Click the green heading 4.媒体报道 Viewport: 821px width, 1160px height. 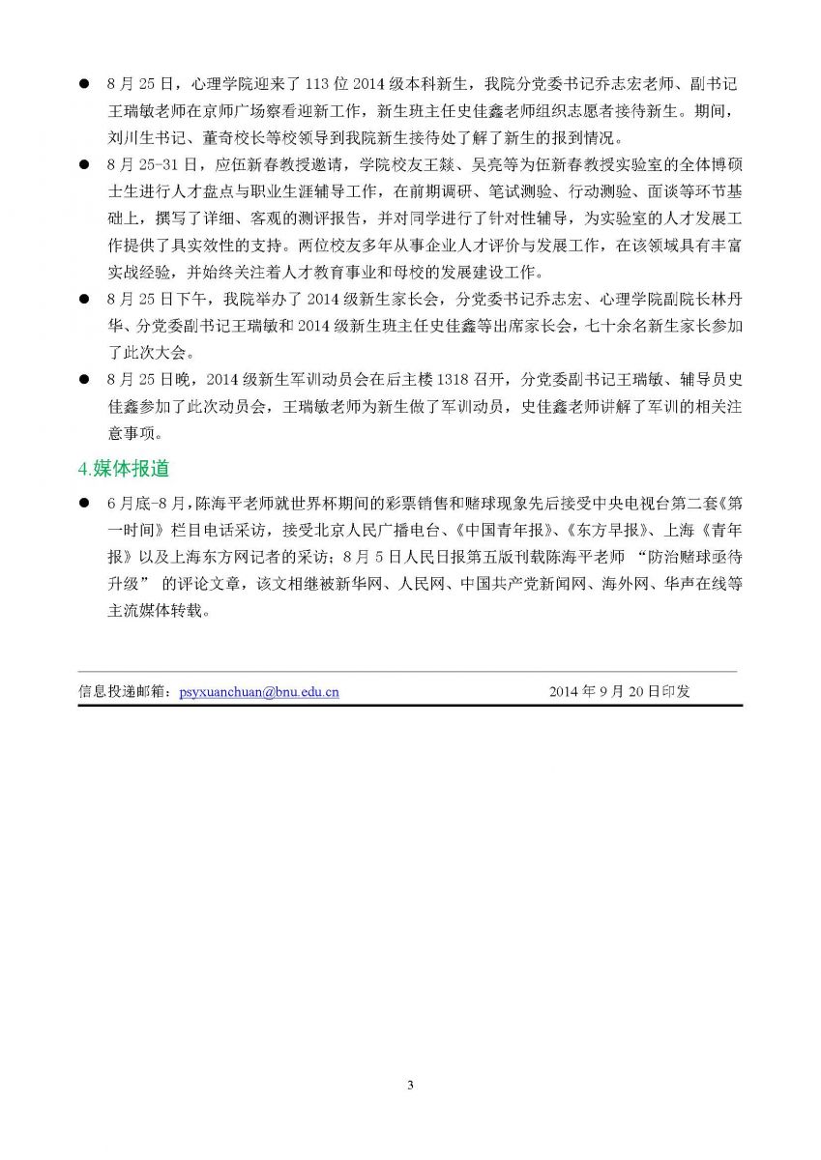tap(124, 469)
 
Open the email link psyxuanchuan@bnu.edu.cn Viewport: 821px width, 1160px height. tap(258, 692)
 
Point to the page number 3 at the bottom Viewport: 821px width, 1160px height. tap(410, 1086)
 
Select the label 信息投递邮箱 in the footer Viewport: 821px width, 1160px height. tap(123, 692)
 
